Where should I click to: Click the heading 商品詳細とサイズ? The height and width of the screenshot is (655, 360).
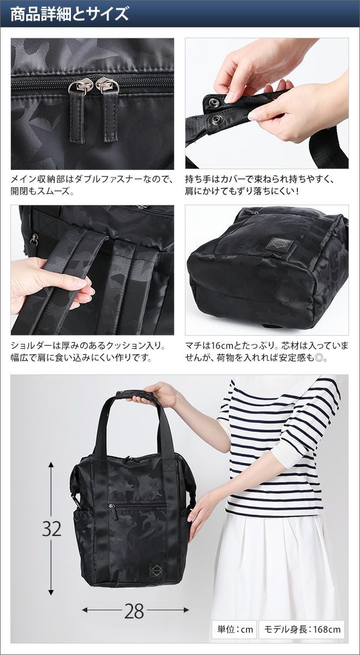point(70,14)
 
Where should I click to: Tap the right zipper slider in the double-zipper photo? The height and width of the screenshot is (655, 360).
point(107,85)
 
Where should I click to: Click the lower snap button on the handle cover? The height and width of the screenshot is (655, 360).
point(217,120)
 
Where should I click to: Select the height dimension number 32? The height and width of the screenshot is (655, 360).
point(51,529)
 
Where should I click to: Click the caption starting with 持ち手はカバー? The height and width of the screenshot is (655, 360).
point(260,186)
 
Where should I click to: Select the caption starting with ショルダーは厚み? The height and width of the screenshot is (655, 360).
point(88,351)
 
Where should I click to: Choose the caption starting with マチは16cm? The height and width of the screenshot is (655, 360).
point(267,351)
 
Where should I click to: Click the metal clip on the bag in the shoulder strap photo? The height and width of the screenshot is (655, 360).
point(34,239)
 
